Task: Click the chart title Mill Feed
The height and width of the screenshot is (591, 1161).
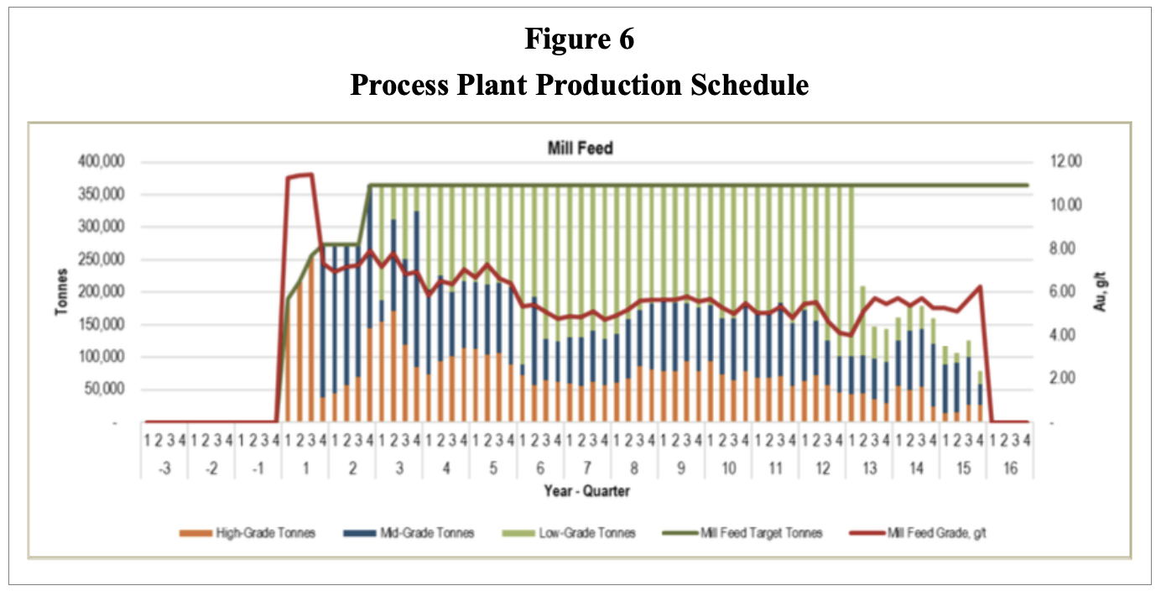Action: (580, 149)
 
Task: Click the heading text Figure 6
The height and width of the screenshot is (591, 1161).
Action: (580, 39)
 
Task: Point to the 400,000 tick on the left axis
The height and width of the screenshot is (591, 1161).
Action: (99, 162)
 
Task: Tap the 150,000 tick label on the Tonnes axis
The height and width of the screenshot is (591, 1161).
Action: (99, 325)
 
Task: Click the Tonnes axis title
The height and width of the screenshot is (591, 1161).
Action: (62, 292)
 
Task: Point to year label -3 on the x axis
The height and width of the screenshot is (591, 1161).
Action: (164, 468)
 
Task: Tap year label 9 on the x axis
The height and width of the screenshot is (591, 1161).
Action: (681, 468)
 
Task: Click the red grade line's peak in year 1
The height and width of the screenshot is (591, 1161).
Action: (310, 175)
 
